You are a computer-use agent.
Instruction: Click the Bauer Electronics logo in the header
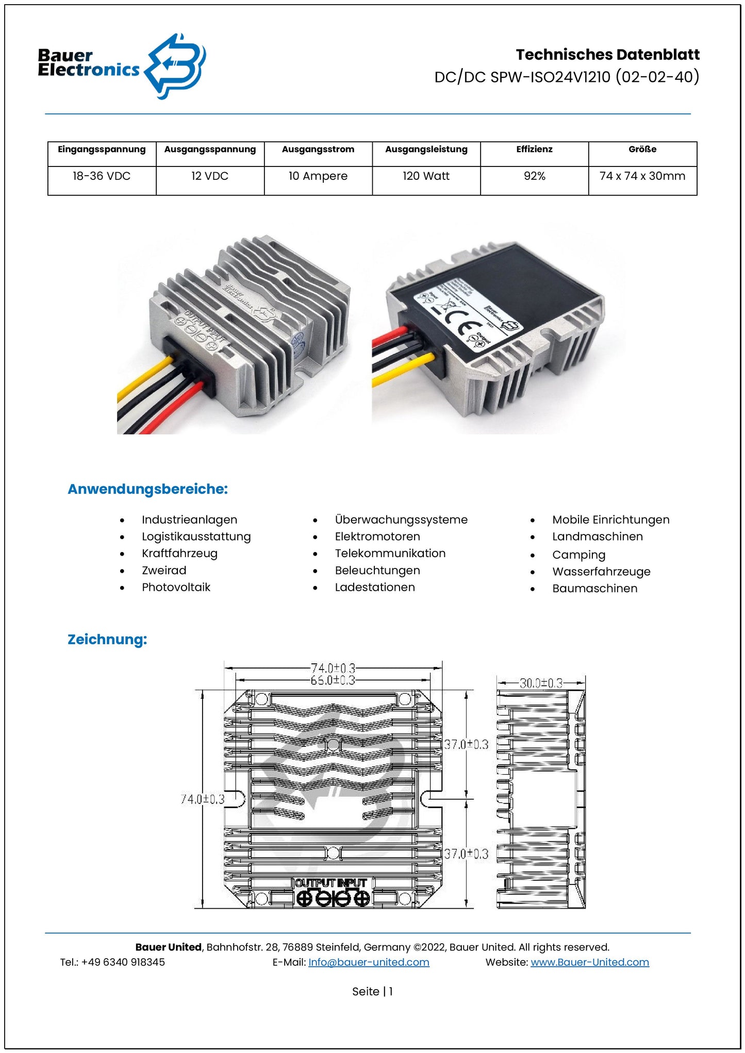coord(122,66)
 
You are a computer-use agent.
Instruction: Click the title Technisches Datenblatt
coord(607,55)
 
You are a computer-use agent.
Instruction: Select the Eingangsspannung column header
coord(102,149)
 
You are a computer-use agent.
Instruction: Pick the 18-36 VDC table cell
coord(102,176)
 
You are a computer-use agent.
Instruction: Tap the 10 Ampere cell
coord(318,176)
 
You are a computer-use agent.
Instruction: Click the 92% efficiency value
coord(534,176)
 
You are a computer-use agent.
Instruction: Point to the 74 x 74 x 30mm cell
coord(642,176)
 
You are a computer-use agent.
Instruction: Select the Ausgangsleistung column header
coord(426,149)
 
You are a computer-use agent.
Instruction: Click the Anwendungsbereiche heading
coord(147,489)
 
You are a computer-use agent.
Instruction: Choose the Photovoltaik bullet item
coord(176,587)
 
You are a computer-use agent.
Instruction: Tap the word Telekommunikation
coord(390,553)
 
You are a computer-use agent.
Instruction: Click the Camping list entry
coord(578,555)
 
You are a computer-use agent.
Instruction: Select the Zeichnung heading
coord(107,639)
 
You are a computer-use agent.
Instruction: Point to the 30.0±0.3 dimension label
coord(540,683)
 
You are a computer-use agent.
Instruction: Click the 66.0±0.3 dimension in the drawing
coord(333,680)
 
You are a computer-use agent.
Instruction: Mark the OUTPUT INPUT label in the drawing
coord(330,883)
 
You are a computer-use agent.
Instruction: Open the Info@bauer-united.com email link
coord(369,962)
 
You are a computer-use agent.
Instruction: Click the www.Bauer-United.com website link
coord(589,962)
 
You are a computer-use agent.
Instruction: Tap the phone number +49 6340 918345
coord(123,962)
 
